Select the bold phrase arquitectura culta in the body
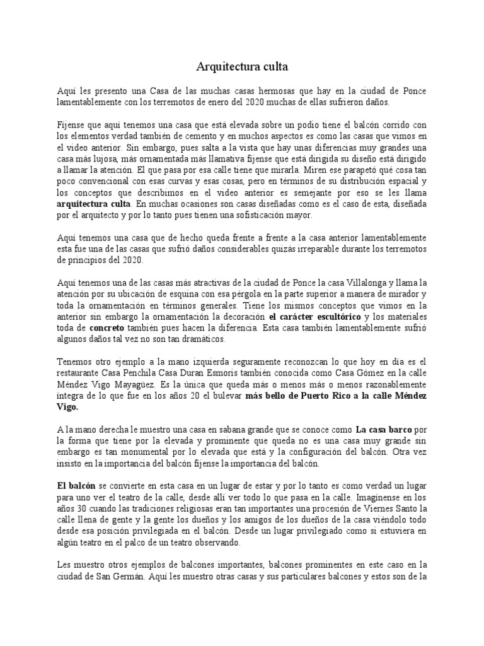tap(94, 204)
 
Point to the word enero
tap(226, 102)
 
